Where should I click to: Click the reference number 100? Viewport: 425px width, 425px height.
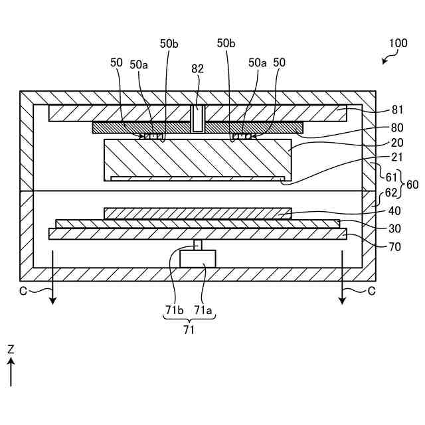(398, 44)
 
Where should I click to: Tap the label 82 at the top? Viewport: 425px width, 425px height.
(198, 68)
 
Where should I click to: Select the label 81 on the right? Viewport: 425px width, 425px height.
(396, 110)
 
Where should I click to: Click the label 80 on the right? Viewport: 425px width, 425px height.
(396, 127)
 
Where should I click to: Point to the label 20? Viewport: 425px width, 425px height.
(396, 143)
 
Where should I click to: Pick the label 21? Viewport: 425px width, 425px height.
(396, 158)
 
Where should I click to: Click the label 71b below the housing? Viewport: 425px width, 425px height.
(173, 309)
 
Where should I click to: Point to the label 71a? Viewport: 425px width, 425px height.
(203, 309)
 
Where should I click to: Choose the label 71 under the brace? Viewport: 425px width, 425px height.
(189, 330)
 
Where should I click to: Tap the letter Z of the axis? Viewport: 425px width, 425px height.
(11, 349)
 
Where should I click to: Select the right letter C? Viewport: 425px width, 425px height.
(371, 291)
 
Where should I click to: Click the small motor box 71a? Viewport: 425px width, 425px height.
(198, 258)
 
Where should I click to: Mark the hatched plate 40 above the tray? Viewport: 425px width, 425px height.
(198, 213)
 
